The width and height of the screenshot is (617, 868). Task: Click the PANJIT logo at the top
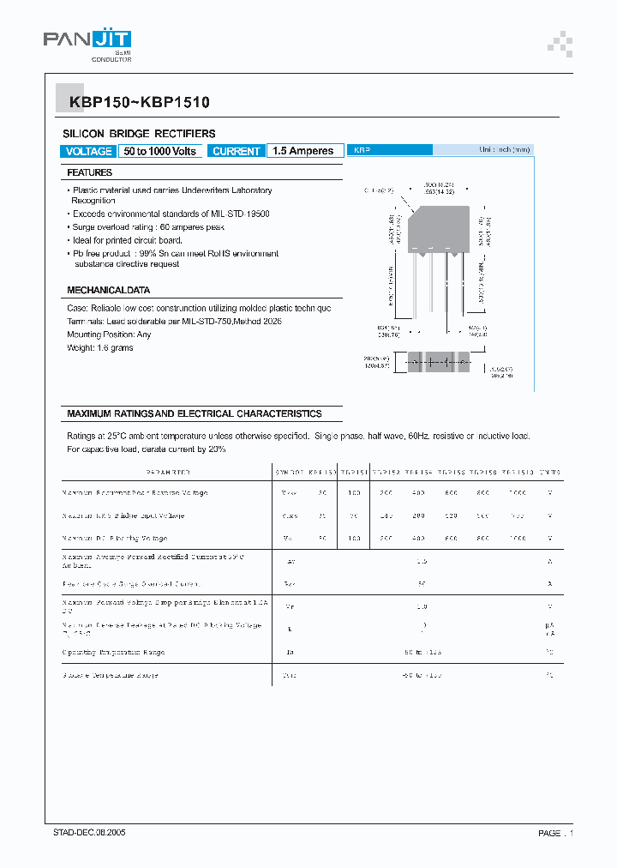pyautogui.click(x=87, y=42)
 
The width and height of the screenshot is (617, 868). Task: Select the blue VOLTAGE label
pyautogui.click(x=88, y=151)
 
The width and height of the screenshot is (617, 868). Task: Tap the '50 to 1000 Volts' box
pyautogui.click(x=160, y=151)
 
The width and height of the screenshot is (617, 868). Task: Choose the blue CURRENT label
pyautogui.click(x=236, y=151)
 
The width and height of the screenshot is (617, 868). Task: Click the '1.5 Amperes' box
pyautogui.click(x=303, y=151)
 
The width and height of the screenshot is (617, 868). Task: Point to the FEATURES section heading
pyautogui.click(x=90, y=172)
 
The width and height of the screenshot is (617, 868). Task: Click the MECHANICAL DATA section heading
pyautogui.click(x=108, y=290)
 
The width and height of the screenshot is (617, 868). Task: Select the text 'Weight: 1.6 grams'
pyautogui.click(x=100, y=347)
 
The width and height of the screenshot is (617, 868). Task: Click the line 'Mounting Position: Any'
pyautogui.click(x=109, y=335)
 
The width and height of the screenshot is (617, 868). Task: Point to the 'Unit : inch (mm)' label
pyautogui.click(x=505, y=149)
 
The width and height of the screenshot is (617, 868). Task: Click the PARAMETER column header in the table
pyautogui.click(x=168, y=473)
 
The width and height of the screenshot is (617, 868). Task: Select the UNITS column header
pyautogui.click(x=549, y=473)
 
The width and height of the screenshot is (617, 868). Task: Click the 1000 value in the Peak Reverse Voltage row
pyautogui.click(x=517, y=493)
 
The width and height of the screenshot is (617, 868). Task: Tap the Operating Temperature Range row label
pyautogui.click(x=113, y=652)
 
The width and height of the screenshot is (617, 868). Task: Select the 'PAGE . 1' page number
pyautogui.click(x=555, y=833)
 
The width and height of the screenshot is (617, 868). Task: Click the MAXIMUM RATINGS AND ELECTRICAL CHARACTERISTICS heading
pyautogui.click(x=195, y=413)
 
